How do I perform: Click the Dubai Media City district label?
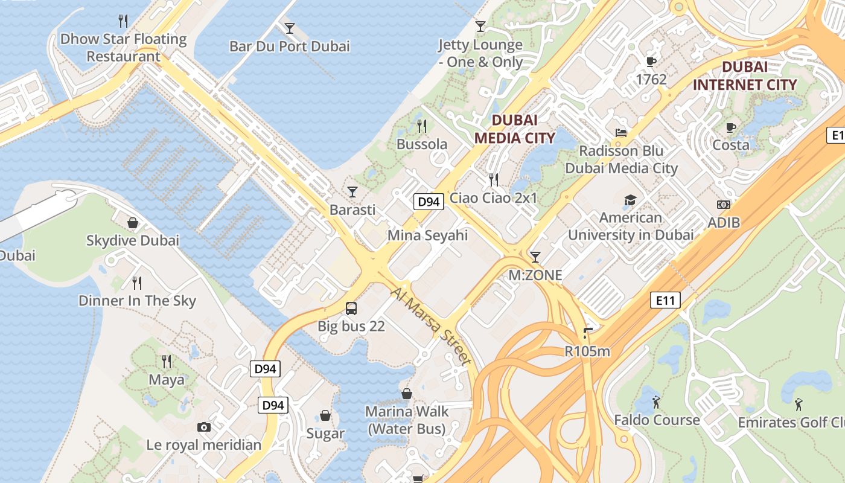[x=514, y=129]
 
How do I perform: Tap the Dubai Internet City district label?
[x=744, y=75]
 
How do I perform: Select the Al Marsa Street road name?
[x=431, y=326]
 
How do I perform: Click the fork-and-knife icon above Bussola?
[x=422, y=126]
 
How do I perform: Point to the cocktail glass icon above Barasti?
[x=352, y=191]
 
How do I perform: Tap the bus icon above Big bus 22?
[x=351, y=309]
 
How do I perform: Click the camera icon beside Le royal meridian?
[x=204, y=427]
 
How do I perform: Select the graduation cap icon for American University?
[x=630, y=200]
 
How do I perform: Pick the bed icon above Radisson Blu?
[x=621, y=133]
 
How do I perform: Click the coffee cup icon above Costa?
[x=731, y=127]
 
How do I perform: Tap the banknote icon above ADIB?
[x=723, y=205]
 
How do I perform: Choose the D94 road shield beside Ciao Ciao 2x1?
[x=429, y=202]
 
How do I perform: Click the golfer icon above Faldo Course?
[x=657, y=401]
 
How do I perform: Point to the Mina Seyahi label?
[x=427, y=235]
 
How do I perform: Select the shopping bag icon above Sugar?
[x=325, y=415]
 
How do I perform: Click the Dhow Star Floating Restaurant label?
[x=123, y=48]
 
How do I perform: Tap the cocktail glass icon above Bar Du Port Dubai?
[x=290, y=28]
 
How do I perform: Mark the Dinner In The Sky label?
[x=137, y=301]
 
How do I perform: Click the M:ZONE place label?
[x=535, y=275]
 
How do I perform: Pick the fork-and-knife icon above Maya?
[x=167, y=362]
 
